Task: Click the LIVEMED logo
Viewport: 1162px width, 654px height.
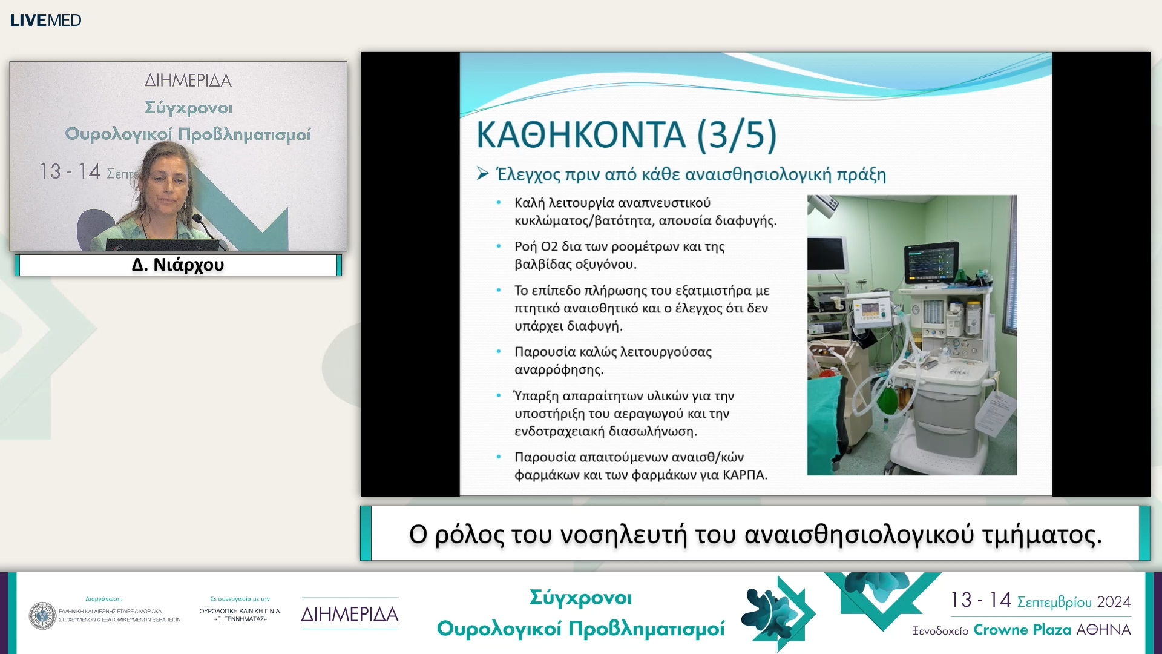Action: tap(45, 20)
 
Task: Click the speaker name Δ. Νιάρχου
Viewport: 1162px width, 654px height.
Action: tap(178, 265)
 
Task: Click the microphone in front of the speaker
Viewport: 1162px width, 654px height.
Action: tap(198, 220)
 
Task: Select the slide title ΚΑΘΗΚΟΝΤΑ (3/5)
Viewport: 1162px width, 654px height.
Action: tap(626, 134)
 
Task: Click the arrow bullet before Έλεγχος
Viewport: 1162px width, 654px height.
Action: tap(482, 174)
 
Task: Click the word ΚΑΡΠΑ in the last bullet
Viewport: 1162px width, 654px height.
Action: tap(744, 475)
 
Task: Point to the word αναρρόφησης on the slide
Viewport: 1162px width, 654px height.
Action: tap(559, 370)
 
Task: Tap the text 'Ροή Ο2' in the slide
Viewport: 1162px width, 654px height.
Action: tap(536, 247)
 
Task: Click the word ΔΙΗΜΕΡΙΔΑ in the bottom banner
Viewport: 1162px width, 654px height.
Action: tap(350, 615)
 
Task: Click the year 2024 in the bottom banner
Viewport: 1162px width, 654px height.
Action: tap(1114, 602)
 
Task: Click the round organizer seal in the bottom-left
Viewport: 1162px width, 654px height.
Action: tap(42, 615)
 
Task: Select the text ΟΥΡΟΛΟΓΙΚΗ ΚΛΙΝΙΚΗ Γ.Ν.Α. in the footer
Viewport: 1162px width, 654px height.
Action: tap(240, 612)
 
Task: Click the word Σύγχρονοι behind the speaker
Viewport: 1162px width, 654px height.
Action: tap(188, 108)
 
